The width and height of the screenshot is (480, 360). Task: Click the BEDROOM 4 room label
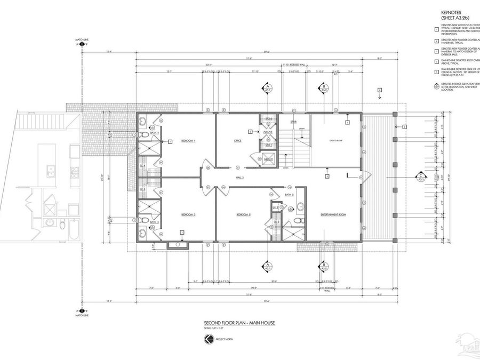click(188, 141)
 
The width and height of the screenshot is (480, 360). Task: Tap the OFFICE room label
click(238, 141)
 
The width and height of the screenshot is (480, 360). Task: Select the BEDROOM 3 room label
click(188, 214)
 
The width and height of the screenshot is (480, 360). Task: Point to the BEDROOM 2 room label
click(243, 214)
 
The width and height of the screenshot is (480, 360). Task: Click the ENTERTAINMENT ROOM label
click(333, 214)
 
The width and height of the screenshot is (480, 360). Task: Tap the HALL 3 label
click(240, 177)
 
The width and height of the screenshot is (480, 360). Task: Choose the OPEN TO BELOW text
click(335, 141)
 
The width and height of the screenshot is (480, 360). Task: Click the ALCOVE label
click(268, 132)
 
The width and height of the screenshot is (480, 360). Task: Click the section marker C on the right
click(421, 177)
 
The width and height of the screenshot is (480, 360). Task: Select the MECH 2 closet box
click(268, 158)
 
